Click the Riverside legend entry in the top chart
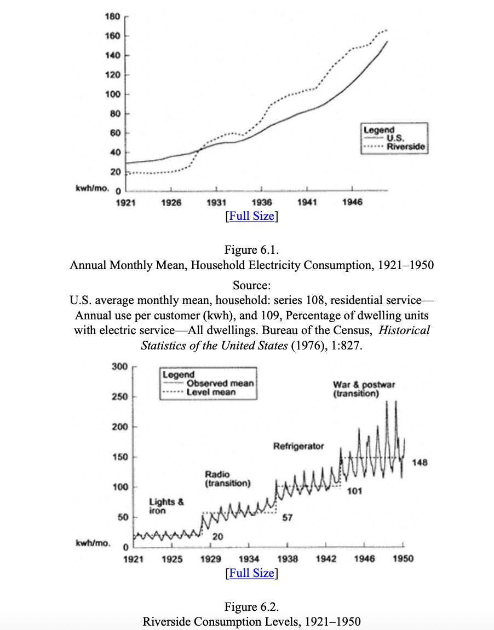coord(405,147)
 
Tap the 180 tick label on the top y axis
coord(112,16)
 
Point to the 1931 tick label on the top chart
coord(217,202)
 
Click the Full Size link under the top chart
coord(251,216)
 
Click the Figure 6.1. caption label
coord(251,250)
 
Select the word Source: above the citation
coord(251,285)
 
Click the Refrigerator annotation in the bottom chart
coord(298,446)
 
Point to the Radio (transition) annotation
coord(227,479)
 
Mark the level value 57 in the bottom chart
coord(286,518)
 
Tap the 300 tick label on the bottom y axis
coord(120,366)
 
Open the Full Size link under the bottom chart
coord(251,573)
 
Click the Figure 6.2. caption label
coord(251,607)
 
